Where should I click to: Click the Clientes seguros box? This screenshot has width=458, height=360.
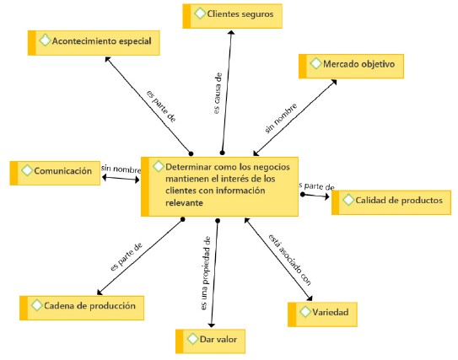point(233,16)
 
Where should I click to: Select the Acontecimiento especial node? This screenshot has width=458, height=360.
point(94,43)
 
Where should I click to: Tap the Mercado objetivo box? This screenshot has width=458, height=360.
point(351,66)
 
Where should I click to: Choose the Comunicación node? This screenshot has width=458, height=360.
point(55,173)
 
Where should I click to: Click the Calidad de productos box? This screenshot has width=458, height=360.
point(391,202)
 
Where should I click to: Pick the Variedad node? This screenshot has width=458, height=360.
point(322,314)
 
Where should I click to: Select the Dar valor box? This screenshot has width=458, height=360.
point(210,341)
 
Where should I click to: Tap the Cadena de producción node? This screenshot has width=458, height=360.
point(82,308)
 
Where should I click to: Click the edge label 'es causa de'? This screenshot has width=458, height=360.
point(218,94)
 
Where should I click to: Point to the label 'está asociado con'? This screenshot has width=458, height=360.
point(290,260)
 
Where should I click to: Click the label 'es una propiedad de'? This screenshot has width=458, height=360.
point(206,273)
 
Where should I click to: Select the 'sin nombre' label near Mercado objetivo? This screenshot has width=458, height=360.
point(281,118)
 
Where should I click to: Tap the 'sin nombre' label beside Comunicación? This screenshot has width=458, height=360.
point(121,169)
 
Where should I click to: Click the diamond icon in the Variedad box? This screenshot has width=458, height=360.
point(305,312)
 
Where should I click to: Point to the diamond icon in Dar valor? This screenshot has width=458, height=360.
point(193,339)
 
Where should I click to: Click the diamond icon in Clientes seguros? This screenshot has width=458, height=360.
point(200,13)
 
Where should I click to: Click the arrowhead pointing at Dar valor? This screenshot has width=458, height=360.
point(212,325)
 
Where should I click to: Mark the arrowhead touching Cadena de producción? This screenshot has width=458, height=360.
point(100,293)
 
